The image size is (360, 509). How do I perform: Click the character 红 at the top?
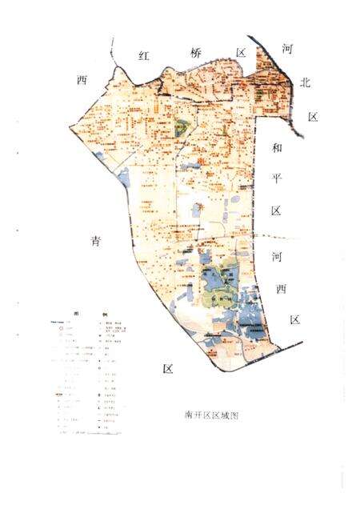coord(145,56)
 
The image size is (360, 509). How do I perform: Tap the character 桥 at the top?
coord(193,52)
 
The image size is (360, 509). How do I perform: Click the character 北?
coord(305,82)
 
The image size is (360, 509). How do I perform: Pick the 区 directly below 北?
coord(313,117)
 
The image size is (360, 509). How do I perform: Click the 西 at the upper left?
coord(81,80)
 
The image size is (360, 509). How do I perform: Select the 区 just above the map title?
coord(167,369)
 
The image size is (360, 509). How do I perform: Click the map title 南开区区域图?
coord(212,415)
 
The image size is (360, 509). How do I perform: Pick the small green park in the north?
coord(182,126)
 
